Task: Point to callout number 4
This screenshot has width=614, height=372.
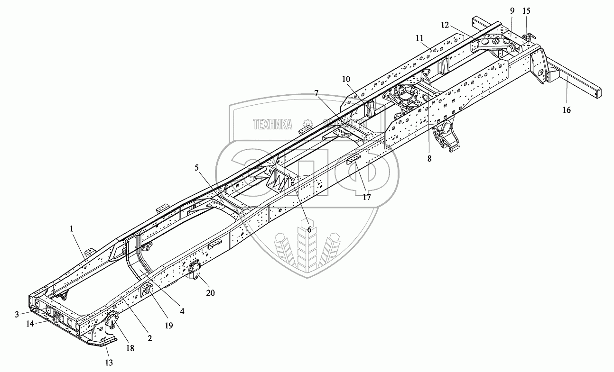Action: [182, 311]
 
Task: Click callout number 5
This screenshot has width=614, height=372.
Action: [196, 167]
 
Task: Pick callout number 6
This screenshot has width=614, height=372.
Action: [309, 229]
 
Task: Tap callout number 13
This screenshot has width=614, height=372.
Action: [109, 363]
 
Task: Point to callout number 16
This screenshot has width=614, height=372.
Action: [567, 110]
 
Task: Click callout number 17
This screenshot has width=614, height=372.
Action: [366, 197]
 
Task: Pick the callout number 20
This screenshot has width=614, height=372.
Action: [210, 293]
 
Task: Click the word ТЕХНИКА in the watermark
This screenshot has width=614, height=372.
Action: [272, 125]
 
